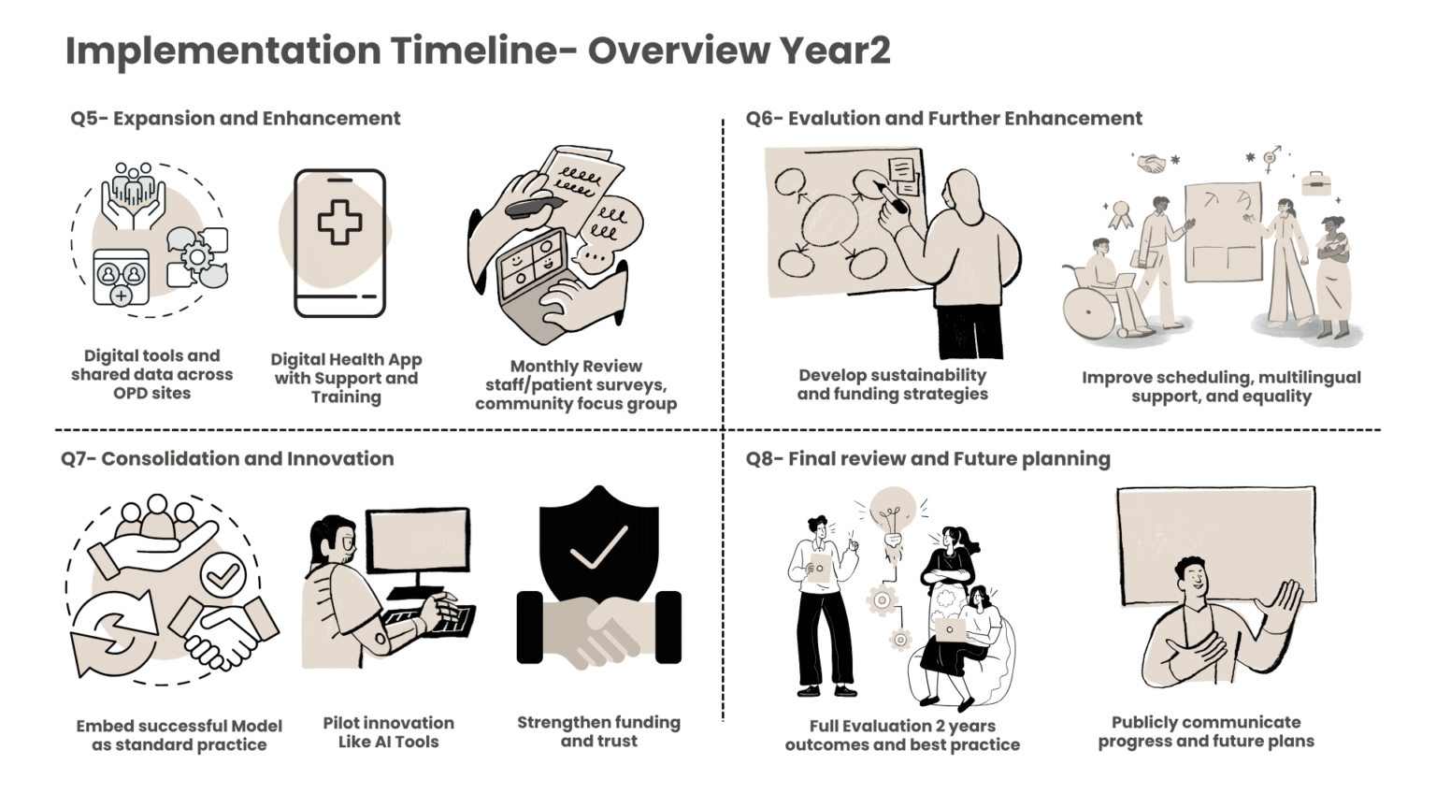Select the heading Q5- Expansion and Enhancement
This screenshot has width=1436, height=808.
(236, 118)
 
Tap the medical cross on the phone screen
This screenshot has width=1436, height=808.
(339, 222)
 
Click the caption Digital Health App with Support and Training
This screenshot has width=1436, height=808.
(346, 378)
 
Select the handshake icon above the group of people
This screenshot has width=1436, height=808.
(1152, 163)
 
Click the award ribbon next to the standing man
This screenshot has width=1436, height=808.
(1121, 215)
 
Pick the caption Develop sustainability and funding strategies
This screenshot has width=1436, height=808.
(893, 384)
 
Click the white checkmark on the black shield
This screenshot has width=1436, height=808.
(598, 547)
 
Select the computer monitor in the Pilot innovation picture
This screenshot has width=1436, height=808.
(418, 547)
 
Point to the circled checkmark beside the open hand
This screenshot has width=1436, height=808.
(223, 576)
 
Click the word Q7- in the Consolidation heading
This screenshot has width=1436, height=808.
(79, 458)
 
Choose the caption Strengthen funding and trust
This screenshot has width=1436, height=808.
(598, 731)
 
